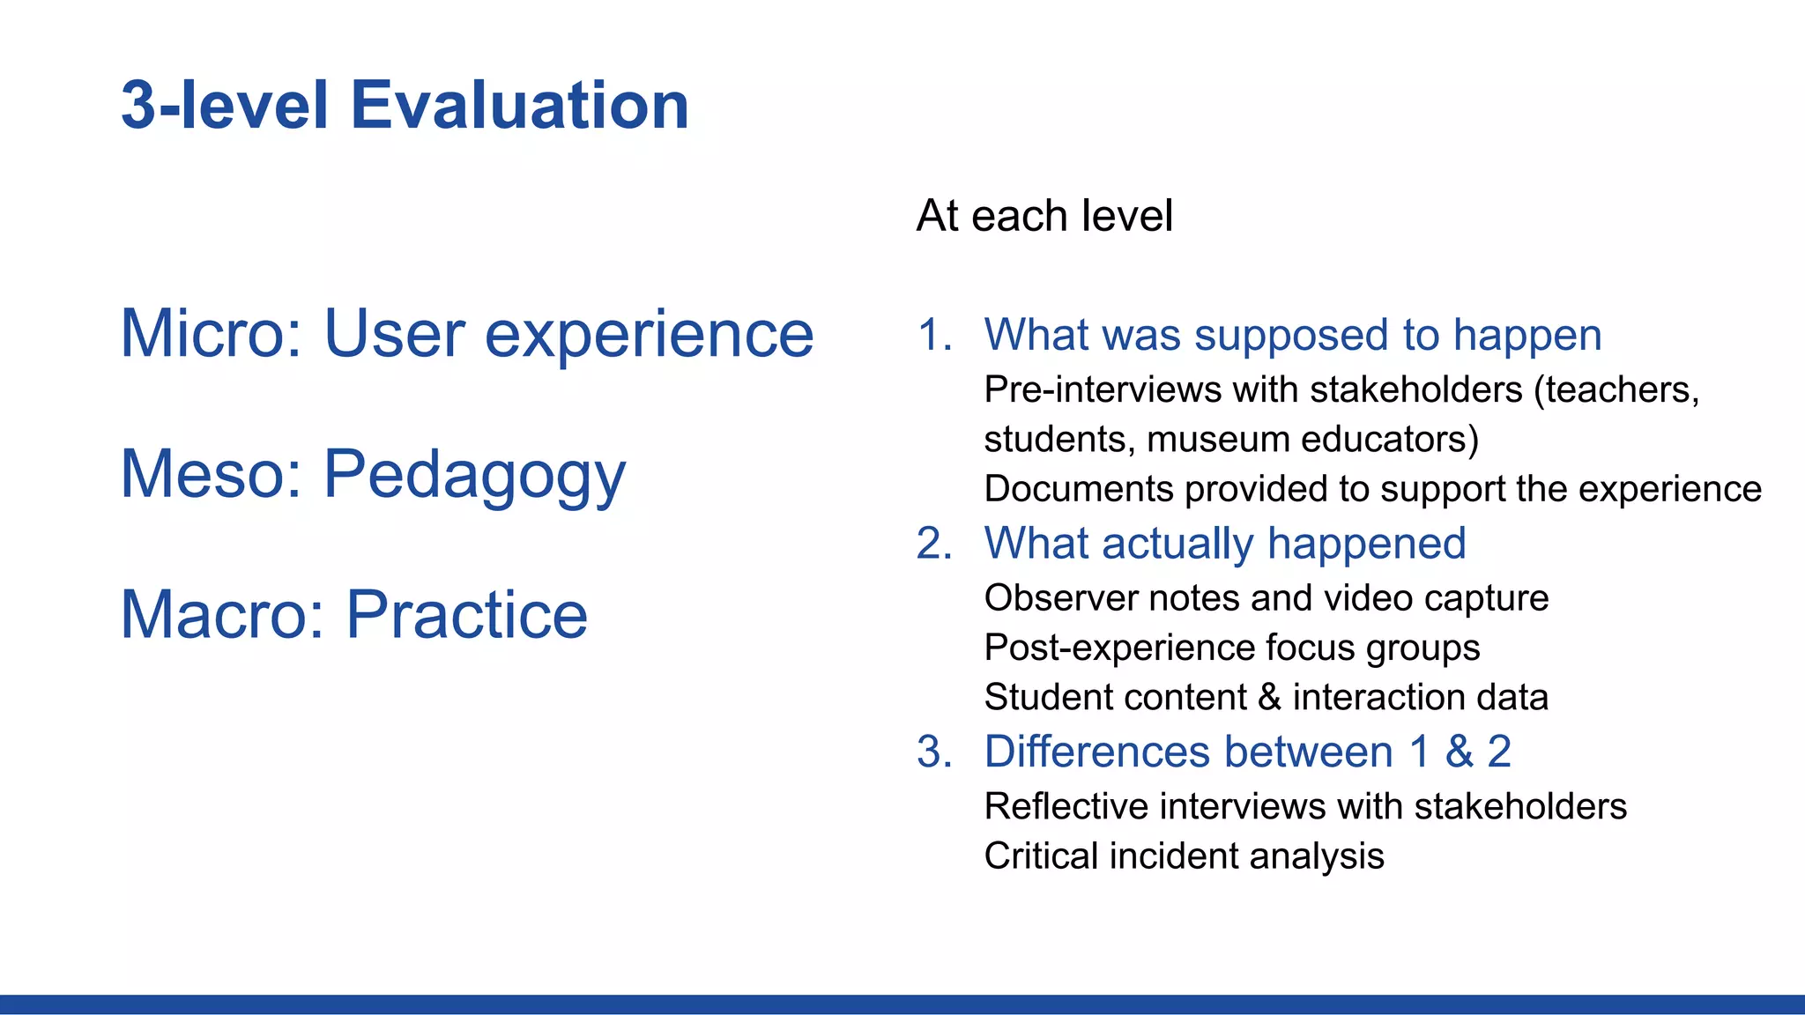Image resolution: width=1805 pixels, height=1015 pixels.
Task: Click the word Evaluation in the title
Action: point(519,106)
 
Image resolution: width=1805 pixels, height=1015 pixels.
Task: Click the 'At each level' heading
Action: point(1044,216)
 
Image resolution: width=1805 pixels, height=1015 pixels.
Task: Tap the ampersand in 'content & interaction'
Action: point(1269,697)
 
